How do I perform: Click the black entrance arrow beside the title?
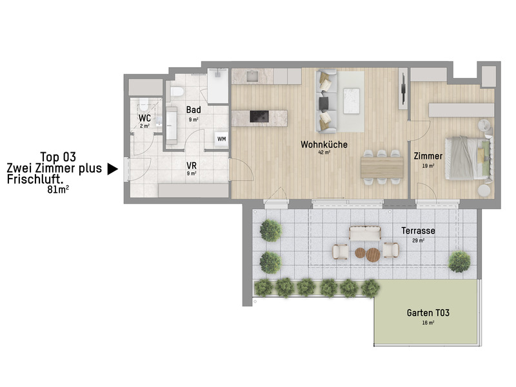pos(112,169)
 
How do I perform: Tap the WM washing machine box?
pos(221,139)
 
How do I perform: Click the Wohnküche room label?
pos(324,144)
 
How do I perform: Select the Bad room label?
pos(193,110)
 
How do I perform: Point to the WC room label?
pos(145,119)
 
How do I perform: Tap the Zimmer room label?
pos(428,156)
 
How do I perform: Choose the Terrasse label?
pos(417,230)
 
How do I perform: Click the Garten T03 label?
pos(428,313)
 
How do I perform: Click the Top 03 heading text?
pos(58,156)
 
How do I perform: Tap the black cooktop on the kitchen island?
pos(259,116)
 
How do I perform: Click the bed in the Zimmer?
pos(471,157)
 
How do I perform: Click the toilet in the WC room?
pos(143,104)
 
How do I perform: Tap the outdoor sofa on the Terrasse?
pos(365,233)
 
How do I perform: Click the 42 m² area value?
pos(323,154)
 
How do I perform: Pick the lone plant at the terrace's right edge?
pos(459,261)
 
